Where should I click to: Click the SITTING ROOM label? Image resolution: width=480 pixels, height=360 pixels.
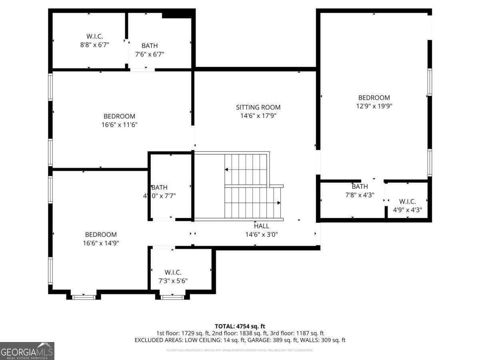tap(258, 107)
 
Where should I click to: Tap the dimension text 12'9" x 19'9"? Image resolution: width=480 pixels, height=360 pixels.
tap(374, 106)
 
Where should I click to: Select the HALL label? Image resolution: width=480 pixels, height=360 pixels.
tap(262, 226)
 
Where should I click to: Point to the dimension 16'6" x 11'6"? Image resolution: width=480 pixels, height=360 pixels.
tap(119, 125)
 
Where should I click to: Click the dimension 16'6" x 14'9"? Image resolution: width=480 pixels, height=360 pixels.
tap(101, 243)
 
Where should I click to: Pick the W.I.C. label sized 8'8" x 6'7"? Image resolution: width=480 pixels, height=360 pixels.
tap(94, 36)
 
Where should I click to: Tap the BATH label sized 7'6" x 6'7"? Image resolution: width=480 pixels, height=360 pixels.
tap(150, 46)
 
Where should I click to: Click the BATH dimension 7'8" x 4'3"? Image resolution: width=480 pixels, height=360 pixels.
tap(360, 195)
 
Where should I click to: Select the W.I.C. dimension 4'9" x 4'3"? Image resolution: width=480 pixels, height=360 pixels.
tap(407, 210)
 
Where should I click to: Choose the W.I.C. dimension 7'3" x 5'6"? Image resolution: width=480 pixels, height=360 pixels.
tap(173, 281)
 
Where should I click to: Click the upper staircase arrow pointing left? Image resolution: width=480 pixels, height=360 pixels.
tap(227, 170)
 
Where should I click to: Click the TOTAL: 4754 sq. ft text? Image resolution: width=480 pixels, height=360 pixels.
tap(240, 326)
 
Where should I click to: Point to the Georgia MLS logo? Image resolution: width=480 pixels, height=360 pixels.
tap(27, 351)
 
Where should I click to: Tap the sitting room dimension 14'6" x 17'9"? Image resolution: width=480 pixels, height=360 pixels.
tap(258, 116)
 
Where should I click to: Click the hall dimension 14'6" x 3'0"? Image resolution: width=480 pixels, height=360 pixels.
tap(262, 234)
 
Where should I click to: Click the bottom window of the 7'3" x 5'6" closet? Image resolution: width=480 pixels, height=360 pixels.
tap(172, 297)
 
